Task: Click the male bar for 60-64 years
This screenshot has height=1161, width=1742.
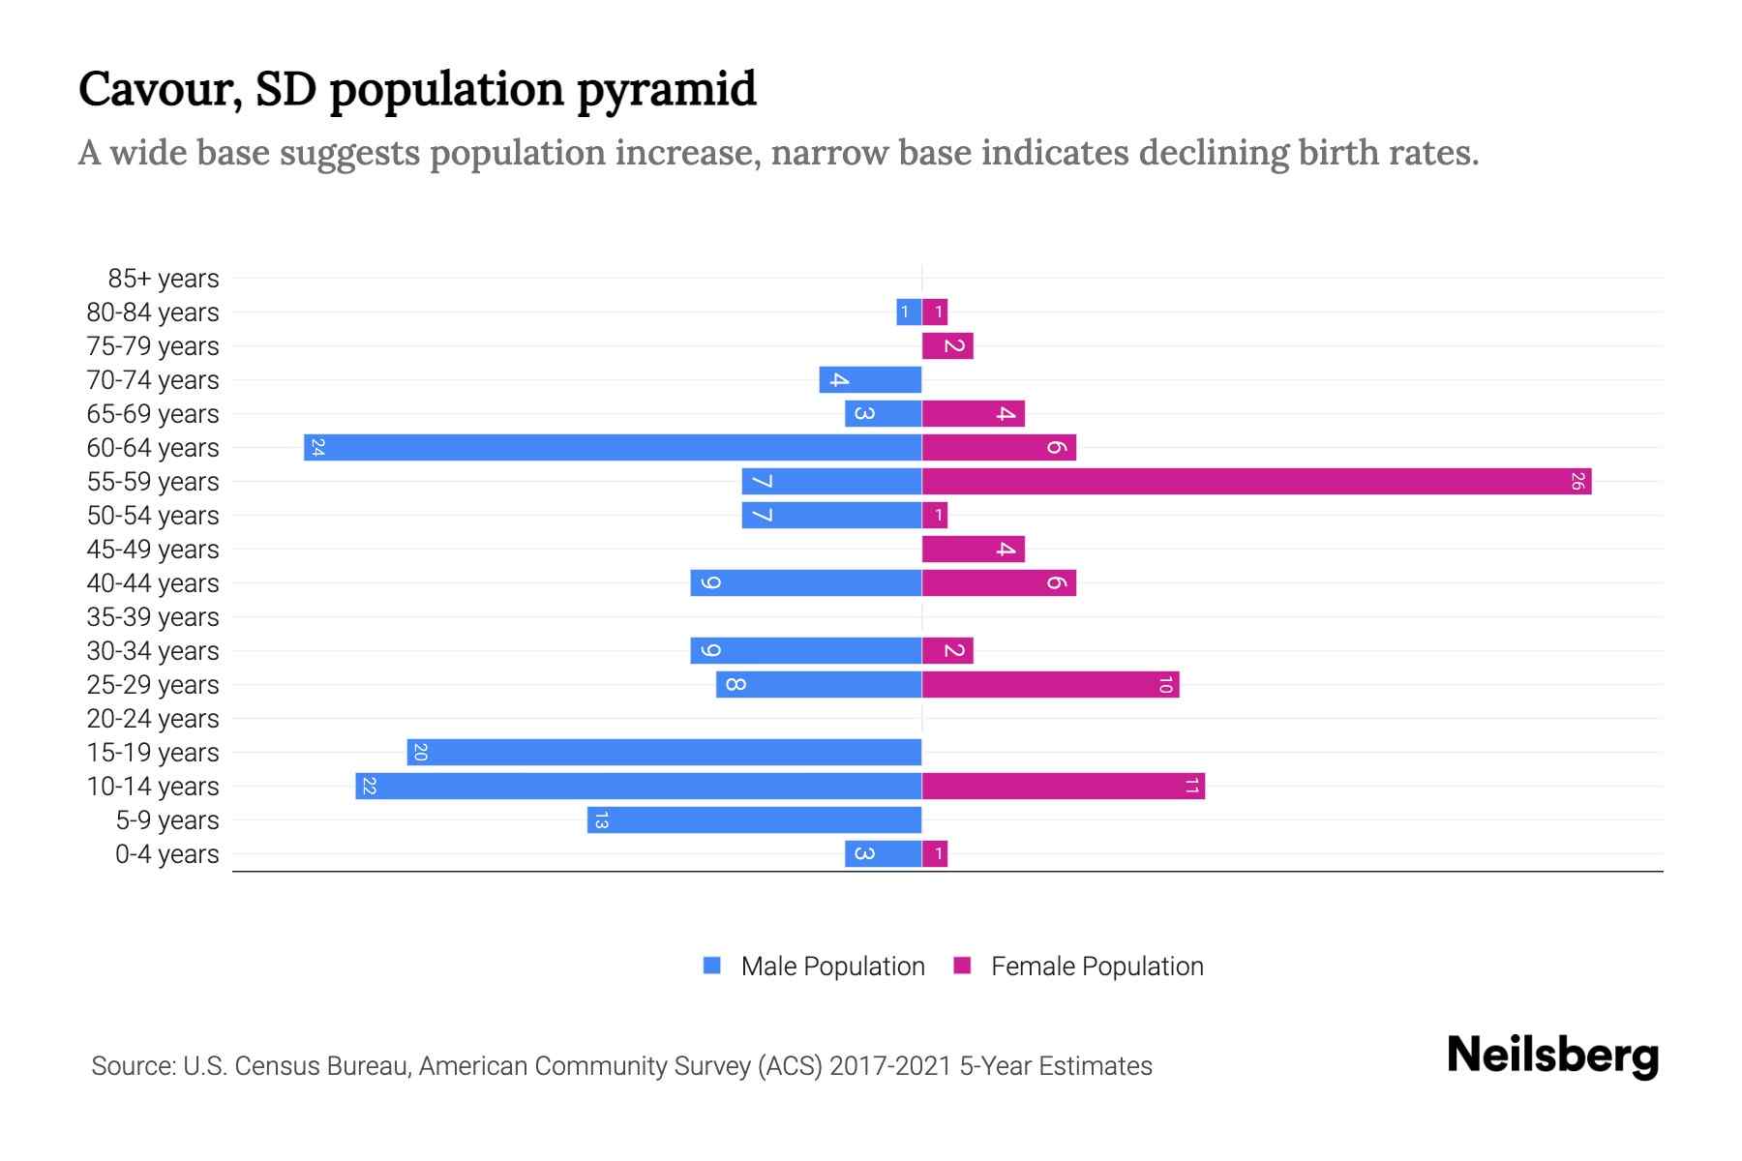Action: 613,447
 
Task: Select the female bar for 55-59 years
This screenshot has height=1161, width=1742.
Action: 1256,481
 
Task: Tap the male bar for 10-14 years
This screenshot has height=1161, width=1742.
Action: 639,786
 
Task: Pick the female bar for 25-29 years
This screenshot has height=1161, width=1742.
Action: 1050,684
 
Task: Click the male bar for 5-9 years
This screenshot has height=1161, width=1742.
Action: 754,819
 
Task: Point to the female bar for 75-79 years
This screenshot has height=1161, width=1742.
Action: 947,345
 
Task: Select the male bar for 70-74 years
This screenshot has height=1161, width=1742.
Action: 870,379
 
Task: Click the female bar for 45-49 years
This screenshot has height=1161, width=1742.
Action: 973,549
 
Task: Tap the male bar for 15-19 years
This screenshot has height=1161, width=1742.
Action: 664,752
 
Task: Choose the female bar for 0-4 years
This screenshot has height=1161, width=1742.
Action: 935,853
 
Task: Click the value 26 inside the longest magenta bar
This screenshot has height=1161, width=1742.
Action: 1577,481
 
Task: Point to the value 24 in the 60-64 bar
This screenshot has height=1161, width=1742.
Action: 317,447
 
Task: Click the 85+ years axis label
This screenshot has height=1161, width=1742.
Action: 164,279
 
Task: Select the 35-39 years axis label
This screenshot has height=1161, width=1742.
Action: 153,617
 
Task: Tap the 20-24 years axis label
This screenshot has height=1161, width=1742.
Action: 153,719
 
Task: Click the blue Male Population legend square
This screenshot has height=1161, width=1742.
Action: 712,966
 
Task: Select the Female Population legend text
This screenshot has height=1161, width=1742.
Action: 1096,966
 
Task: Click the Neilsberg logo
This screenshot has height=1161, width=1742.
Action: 1552,1055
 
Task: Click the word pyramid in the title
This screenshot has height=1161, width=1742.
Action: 667,90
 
